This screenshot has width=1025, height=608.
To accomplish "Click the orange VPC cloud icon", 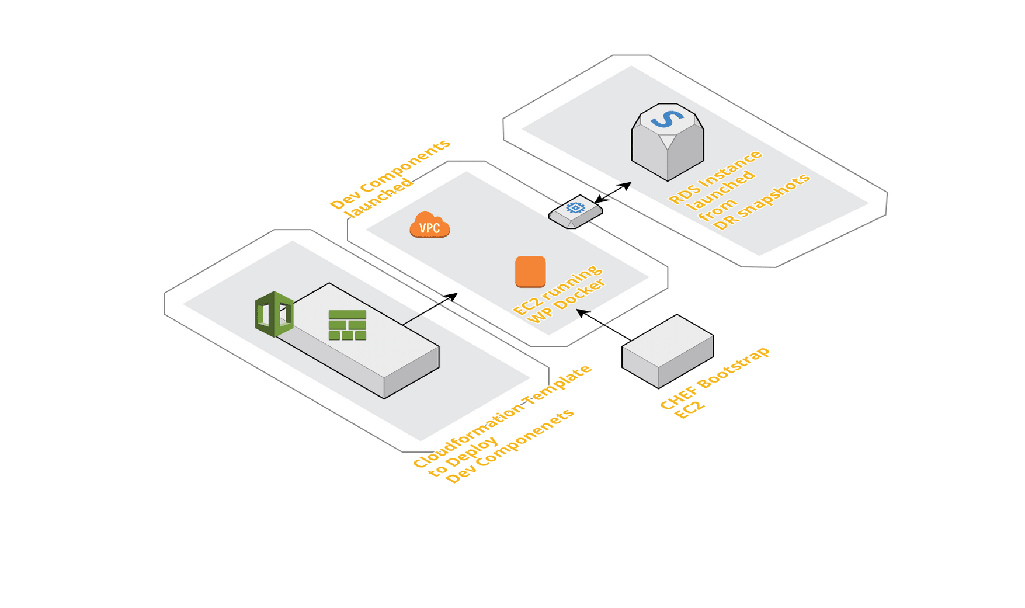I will click(x=430, y=225).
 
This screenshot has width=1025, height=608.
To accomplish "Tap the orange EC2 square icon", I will click(x=530, y=272).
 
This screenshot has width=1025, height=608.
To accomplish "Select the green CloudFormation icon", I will click(x=274, y=314).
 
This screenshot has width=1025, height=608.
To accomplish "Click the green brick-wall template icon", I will click(x=348, y=325).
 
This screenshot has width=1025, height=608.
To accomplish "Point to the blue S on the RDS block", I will click(x=667, y=119).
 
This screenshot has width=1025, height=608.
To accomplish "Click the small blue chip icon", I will click(x=576, y=208).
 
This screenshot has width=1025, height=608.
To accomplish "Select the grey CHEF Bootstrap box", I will click(x=668, y=350).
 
